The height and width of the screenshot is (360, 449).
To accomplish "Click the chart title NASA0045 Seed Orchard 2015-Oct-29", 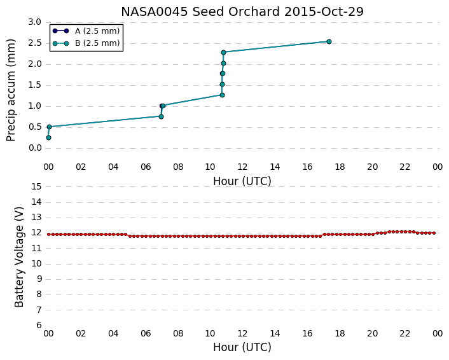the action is point(242,11).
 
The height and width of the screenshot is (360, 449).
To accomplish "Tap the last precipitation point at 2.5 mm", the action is point(329,42).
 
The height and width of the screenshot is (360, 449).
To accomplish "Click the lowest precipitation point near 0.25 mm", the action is point(49,138).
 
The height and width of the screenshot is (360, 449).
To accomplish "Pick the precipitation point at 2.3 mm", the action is point(224,52).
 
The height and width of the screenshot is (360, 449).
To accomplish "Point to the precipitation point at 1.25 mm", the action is point(222,95).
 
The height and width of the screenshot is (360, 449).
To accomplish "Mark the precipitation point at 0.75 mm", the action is point(161,116).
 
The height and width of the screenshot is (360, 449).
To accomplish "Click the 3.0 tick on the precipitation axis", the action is point(34,22).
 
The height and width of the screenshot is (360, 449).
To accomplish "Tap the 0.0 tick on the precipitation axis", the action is point(34,148).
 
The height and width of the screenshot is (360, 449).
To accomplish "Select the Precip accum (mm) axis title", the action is point(11,90).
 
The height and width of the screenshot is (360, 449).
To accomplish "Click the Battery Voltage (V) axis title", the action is point(19,257).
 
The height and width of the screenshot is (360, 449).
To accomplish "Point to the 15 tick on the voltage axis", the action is point(37,187).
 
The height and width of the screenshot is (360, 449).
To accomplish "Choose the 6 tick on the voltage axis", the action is point(39,326).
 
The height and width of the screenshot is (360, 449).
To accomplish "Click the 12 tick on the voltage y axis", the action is point(37,233).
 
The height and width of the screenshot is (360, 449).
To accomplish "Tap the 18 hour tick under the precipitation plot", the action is point(340,167).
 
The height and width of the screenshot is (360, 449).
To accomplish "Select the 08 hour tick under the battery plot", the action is point(178,333).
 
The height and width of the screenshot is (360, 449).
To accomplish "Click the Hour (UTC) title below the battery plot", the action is point(242,347).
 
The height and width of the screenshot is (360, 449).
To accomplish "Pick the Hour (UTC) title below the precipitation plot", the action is point(242,181).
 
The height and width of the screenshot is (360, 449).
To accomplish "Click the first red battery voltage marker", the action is point(49,234).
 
